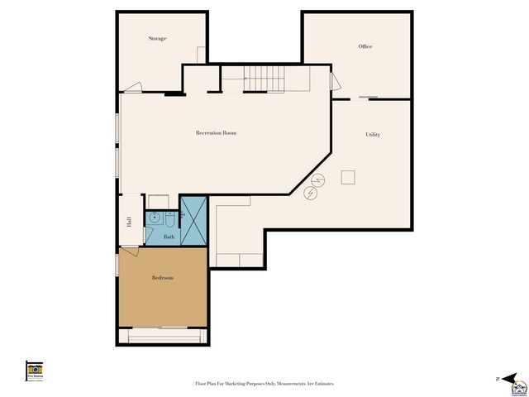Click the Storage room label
coord(157,39)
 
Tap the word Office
coord(365,46)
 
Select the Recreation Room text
coord(216,132)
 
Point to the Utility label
coord(373,134)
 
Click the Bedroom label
coord(163,278)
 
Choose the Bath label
coord(169,237)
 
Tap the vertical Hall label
coord(129,221)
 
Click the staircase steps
coord(264,79)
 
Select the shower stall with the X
coord(193,219)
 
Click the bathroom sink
coord(154,219)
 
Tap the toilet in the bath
coord(169,220)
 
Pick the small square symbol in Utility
coord(348,176)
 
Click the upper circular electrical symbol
coord(317,179)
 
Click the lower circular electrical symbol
coord(311,194)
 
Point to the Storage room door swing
coord(134,85)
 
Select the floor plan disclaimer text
coord(264,384)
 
